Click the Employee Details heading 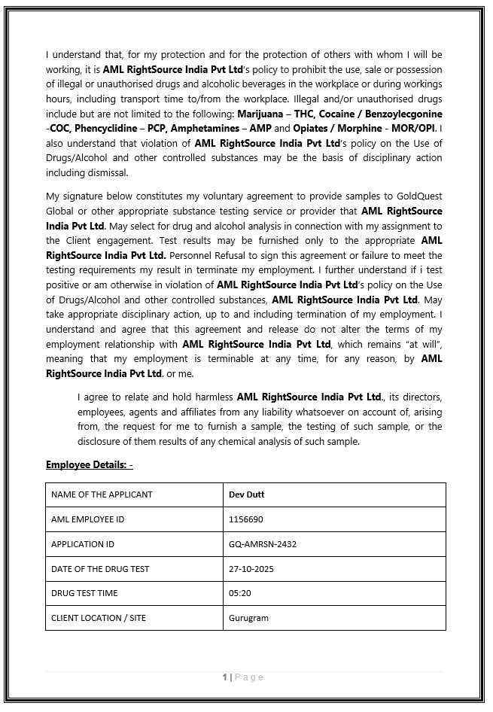[x=89, y=464]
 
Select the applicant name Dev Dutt [x=246, y=494]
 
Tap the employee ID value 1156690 [x=245, y=519]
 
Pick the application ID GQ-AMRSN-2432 [x=263, y=544]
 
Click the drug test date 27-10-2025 [x=251, y=569]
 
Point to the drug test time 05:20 [x=239, y=593]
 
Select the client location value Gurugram [x=248, y=618]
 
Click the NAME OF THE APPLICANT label [x=102, y=494]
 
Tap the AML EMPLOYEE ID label [x=87, y=519]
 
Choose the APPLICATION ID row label [x=83, y=544]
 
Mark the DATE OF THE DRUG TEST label [x=100, y=569]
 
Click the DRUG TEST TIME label [x=84, y=593]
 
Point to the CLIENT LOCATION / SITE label [x=99, y=618]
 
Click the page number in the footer [x=224, y=677]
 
